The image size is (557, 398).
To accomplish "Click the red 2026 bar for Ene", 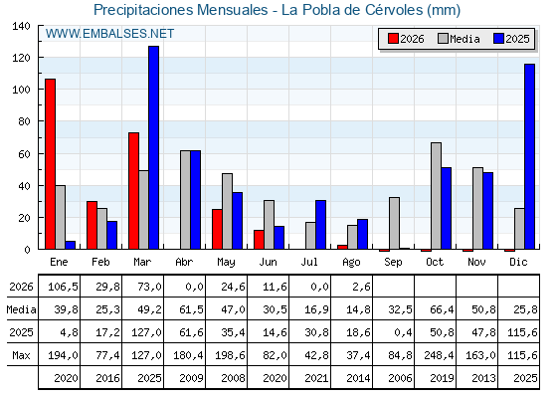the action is (x=50, y=164).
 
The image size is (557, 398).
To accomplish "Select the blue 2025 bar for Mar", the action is (x=154, y=147).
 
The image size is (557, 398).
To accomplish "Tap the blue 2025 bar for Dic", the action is (x=529, y=156).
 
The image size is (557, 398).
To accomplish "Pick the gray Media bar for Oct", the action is (x=437, y=196).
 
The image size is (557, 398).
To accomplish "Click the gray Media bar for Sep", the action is (x=394, y=223).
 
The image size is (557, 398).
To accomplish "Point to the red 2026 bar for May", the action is (x=217, y=229).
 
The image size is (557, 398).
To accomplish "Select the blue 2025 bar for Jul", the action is (x=320, y=225).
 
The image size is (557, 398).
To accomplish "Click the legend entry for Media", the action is (x=459, y=39).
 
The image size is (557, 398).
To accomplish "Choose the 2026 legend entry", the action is (x=406, y=39).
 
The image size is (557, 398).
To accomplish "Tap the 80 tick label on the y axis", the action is (x=25, y=121).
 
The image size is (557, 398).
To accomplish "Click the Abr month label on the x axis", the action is (x=184, y=263).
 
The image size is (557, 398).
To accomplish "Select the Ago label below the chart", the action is (x=351, y=263).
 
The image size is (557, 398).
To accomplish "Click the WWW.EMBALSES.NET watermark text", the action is (x=109, y=34).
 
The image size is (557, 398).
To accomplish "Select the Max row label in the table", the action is (x=21, y=355).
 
